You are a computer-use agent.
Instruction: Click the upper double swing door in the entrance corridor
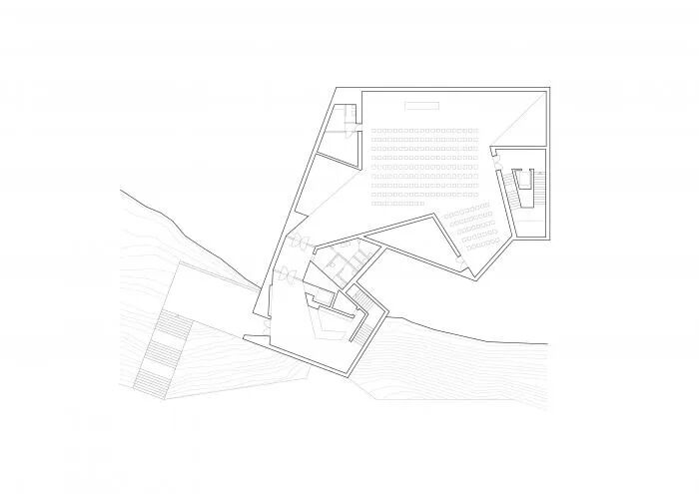click(298, 243)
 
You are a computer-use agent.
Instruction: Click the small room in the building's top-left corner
click(343, 118)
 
